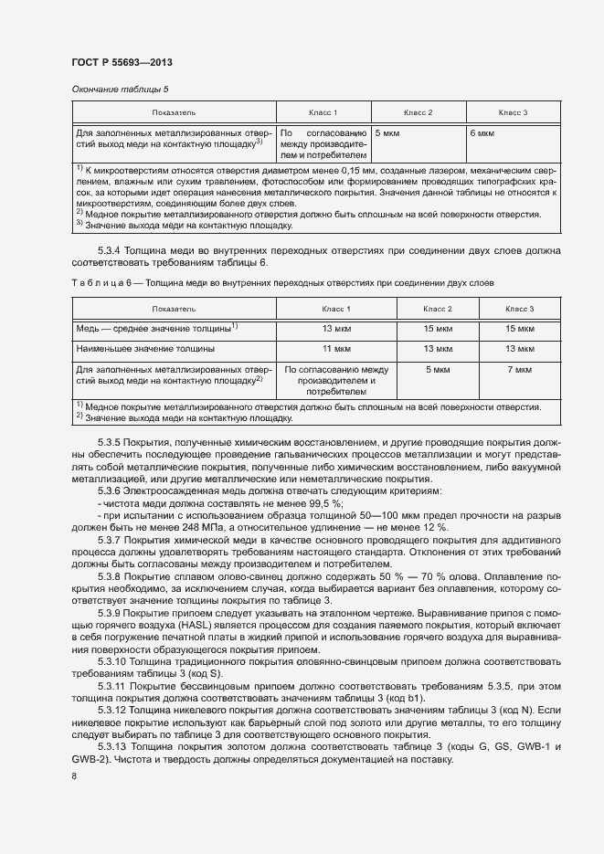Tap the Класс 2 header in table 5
coord(418,112)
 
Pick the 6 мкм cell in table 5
coord(482,132)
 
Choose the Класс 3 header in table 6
coord(519,309)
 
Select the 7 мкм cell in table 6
coord(519,370)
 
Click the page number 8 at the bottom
coord(74,776)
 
